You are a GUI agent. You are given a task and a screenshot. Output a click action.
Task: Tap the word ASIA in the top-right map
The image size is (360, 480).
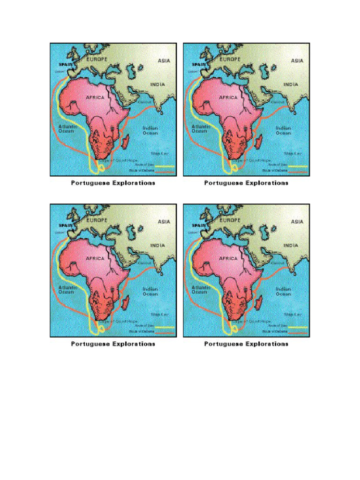click(297, 60)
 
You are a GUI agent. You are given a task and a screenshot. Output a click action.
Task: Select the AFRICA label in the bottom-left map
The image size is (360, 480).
click(95, 258)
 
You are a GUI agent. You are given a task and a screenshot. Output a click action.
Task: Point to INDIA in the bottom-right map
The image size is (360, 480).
click(290, 246)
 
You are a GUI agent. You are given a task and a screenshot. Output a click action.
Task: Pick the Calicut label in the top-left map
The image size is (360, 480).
click(144, 102)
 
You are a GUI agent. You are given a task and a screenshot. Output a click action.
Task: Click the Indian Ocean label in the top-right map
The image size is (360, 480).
click(283, 130)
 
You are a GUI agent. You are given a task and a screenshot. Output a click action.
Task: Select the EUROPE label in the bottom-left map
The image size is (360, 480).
click(97, 220)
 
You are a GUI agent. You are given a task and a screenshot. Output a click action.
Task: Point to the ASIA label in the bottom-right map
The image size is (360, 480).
click(297, 222)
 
